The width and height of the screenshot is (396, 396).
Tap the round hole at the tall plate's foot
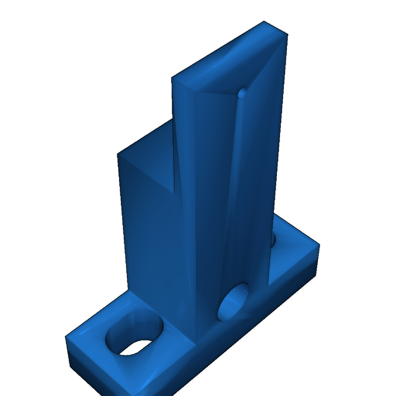point(234,302)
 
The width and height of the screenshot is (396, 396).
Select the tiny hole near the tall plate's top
point(242,92)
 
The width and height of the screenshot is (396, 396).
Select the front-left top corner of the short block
point(118,155)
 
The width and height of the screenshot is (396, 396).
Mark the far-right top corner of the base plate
point(319,244)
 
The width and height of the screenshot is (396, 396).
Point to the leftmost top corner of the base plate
point(65,336)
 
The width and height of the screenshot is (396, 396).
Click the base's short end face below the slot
point(97,371)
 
